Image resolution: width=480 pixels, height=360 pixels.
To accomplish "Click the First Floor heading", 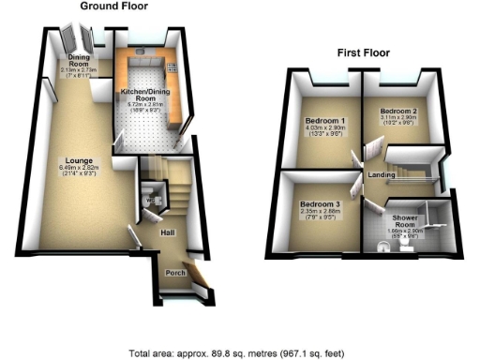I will (x=364, y=52).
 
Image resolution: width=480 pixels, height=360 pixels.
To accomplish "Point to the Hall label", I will (x=167, y=232).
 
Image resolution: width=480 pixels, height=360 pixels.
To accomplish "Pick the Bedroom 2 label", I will (x=397, y=112).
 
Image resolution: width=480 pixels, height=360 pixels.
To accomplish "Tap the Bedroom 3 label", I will (x=318, y=203).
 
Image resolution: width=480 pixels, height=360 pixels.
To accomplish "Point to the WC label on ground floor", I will (x=150, y=200).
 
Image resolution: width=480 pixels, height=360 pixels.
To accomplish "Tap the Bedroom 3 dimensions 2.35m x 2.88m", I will (x=318, y=213).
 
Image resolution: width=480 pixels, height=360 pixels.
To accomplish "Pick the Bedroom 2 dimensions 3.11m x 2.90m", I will (x=397, y=121).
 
